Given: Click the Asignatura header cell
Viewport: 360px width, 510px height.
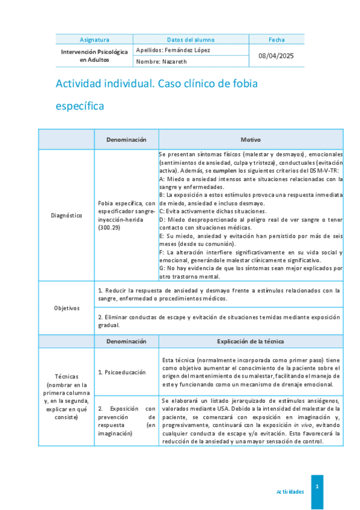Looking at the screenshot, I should coord(94,40).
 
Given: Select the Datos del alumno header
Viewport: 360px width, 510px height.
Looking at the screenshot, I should coord(191,40).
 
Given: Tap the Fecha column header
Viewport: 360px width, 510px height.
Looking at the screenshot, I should coord(276,40).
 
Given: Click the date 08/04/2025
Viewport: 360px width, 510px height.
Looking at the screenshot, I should coord(276,56).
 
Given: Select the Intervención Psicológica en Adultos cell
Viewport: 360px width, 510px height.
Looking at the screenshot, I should coord(94,56).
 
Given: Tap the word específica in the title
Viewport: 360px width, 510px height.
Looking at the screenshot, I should coord(79,106).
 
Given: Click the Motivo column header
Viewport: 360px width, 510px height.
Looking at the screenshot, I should coord(251,139).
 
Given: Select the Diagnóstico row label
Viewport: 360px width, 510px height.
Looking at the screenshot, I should coord(66,215).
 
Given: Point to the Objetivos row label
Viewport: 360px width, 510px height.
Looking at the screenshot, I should coord(66,308).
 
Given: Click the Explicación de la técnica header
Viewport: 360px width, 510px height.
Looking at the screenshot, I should coord(251,341).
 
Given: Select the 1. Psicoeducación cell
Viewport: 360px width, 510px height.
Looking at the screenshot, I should coord(125,372).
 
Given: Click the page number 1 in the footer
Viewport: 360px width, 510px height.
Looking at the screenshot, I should coord(317,485).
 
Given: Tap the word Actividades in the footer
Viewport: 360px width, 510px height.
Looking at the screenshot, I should coord(290,491).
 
